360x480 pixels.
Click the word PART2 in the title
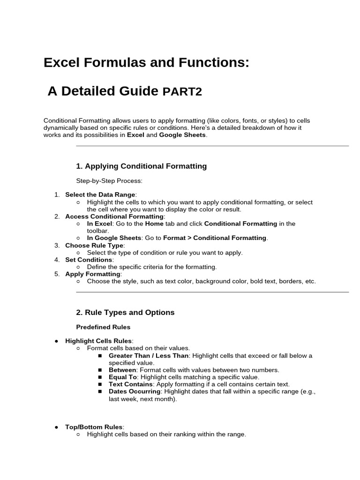pos(182,91)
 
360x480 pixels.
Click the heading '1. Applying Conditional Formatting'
pos(141,166)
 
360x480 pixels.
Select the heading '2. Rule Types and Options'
pos(125,312)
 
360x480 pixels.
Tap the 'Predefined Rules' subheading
pos(103,327)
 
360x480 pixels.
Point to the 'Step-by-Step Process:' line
pos(109,180)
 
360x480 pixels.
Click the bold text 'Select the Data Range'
pos(100,195)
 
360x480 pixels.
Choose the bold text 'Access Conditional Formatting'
pos(114,217)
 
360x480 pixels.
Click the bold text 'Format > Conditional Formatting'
pos(215,238)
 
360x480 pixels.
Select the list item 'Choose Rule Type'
pos(94,245)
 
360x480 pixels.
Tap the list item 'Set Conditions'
pos(89,259)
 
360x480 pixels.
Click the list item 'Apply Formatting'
pos(93,274)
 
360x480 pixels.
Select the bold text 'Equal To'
pos(123,377)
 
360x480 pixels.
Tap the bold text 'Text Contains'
pos(131,384)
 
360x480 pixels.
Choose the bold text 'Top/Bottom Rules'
pos(94,427)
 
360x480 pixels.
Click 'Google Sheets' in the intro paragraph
pos(182,135)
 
